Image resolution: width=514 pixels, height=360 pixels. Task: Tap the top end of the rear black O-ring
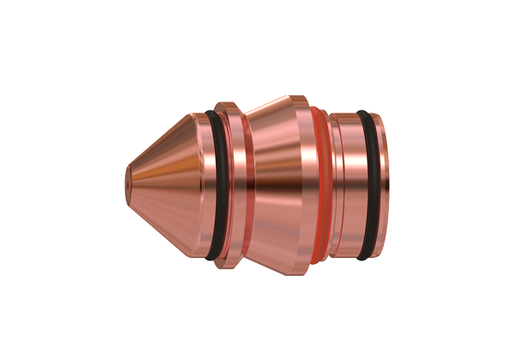coord(366,114)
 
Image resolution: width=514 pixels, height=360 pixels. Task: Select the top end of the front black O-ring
coord(214,113)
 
